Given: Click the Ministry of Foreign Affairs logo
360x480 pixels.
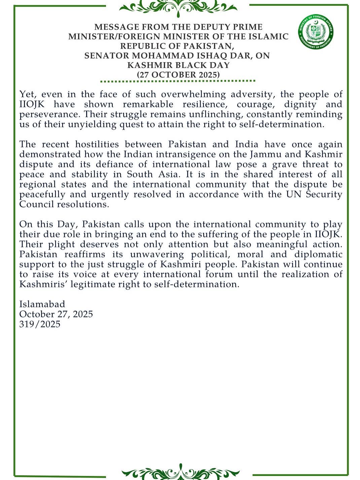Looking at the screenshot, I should (315, 32).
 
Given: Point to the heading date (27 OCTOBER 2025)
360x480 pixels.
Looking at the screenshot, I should (178, 74).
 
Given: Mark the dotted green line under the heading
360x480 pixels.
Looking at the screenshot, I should (178, 81).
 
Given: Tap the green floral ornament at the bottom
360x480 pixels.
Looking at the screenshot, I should (180, 472).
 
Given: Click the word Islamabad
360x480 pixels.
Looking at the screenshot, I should (42, 304).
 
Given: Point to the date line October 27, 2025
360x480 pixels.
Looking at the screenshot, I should (56, 314).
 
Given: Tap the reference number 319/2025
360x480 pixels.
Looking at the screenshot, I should (40, 324).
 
